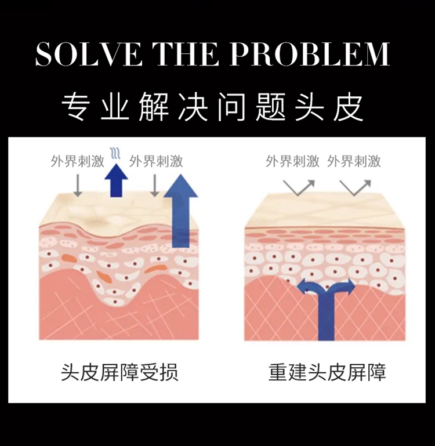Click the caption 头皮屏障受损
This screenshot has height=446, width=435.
pos(119,372)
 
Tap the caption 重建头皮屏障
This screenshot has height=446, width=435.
pos(327,372)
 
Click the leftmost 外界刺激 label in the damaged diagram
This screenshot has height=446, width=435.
pos(77,161)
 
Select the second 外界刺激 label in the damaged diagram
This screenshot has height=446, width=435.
pos(156,161)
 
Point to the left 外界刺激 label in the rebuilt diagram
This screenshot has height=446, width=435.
pos(293,161)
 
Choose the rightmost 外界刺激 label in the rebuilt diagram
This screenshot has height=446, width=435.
pos(354,161)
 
